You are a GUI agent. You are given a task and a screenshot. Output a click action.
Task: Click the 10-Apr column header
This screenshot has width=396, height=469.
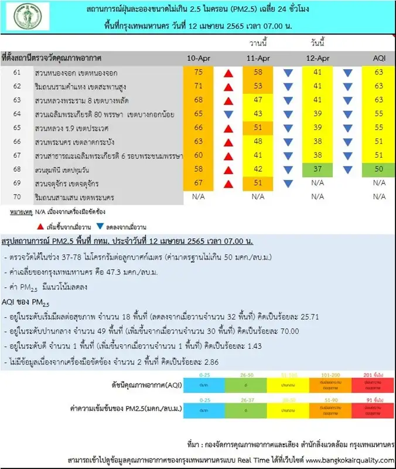[x=198, y=59]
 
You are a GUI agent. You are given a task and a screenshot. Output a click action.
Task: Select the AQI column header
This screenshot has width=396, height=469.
[x=378, y=59]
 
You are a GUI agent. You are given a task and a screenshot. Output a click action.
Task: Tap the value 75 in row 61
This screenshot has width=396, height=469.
[x=199, y=72]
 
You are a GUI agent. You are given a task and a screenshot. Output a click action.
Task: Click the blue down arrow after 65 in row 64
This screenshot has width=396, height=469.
[x=229, y=114]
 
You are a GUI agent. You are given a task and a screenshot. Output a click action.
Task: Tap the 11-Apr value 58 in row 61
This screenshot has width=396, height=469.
[x=258, y=72]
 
